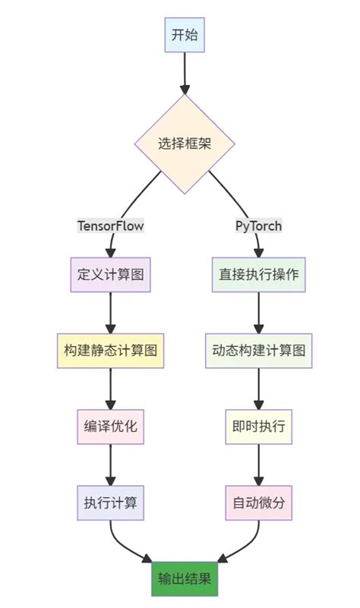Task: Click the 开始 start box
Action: coord(185,35)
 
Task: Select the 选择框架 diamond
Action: coord(185,143)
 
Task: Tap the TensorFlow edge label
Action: coord(111,225)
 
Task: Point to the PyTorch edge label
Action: coord(258,225)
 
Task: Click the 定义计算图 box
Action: coord(111,274)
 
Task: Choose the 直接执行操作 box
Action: coord(258,274)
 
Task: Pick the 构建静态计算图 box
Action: coord(111,351)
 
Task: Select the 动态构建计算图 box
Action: coord(258,351)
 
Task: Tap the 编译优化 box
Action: coord(111,427)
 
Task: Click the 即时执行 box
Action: coord(258,427)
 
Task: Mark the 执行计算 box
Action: coord(111,502)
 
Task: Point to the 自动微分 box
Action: coord(258,502)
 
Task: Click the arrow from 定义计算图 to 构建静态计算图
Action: coord(111,312)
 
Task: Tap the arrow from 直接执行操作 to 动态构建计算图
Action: coord(258,312)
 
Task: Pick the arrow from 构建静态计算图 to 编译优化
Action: coord(111,389)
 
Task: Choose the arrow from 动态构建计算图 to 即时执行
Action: coord(258,389)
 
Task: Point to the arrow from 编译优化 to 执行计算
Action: coord(111,465)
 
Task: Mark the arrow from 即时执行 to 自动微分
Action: coord(258,465)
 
